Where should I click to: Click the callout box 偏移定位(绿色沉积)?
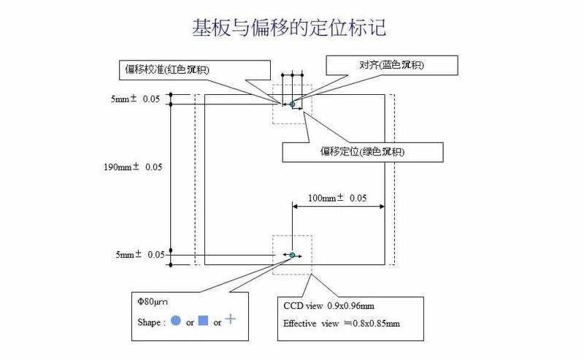(x=363, y=152)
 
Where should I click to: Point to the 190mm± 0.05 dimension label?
(x=132, y=167)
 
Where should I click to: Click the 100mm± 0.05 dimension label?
(x=337, y=198)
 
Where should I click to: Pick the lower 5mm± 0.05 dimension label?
(x=139, y=255)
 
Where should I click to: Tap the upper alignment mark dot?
(x=292, y=104)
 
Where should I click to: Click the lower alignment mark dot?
(x=292, y=255)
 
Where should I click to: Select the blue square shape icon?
(x=203, y=321)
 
